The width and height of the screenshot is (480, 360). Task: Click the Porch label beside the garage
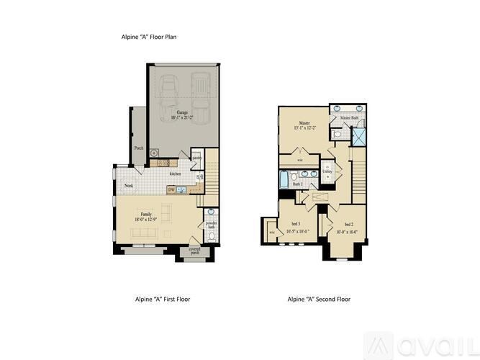point(138,148)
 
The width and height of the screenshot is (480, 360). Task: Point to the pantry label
point(196,157)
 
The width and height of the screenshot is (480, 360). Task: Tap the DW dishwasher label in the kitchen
point(171,190)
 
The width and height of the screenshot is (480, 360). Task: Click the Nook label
point(129,186)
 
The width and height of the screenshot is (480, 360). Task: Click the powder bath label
point(211,225)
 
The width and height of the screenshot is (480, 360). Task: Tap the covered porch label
point(194,251)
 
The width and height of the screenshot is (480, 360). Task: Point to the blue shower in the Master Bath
point(357,135)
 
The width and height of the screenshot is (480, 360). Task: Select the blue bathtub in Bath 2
point(285,176)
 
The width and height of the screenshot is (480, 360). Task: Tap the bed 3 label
point(296,224)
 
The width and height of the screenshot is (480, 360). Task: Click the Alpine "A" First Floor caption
point(163,299)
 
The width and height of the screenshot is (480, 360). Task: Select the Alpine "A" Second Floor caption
point(319,299)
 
